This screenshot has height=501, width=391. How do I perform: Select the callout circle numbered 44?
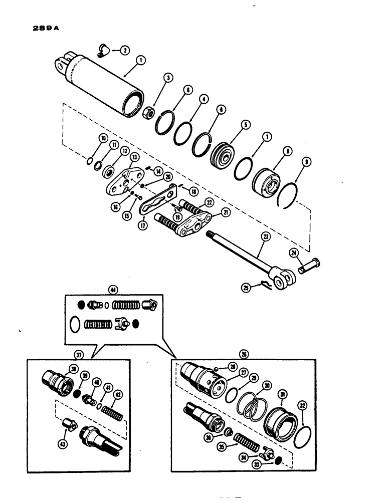click(x=115, y=290)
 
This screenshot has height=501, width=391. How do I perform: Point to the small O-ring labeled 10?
click(x=88, y=161)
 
